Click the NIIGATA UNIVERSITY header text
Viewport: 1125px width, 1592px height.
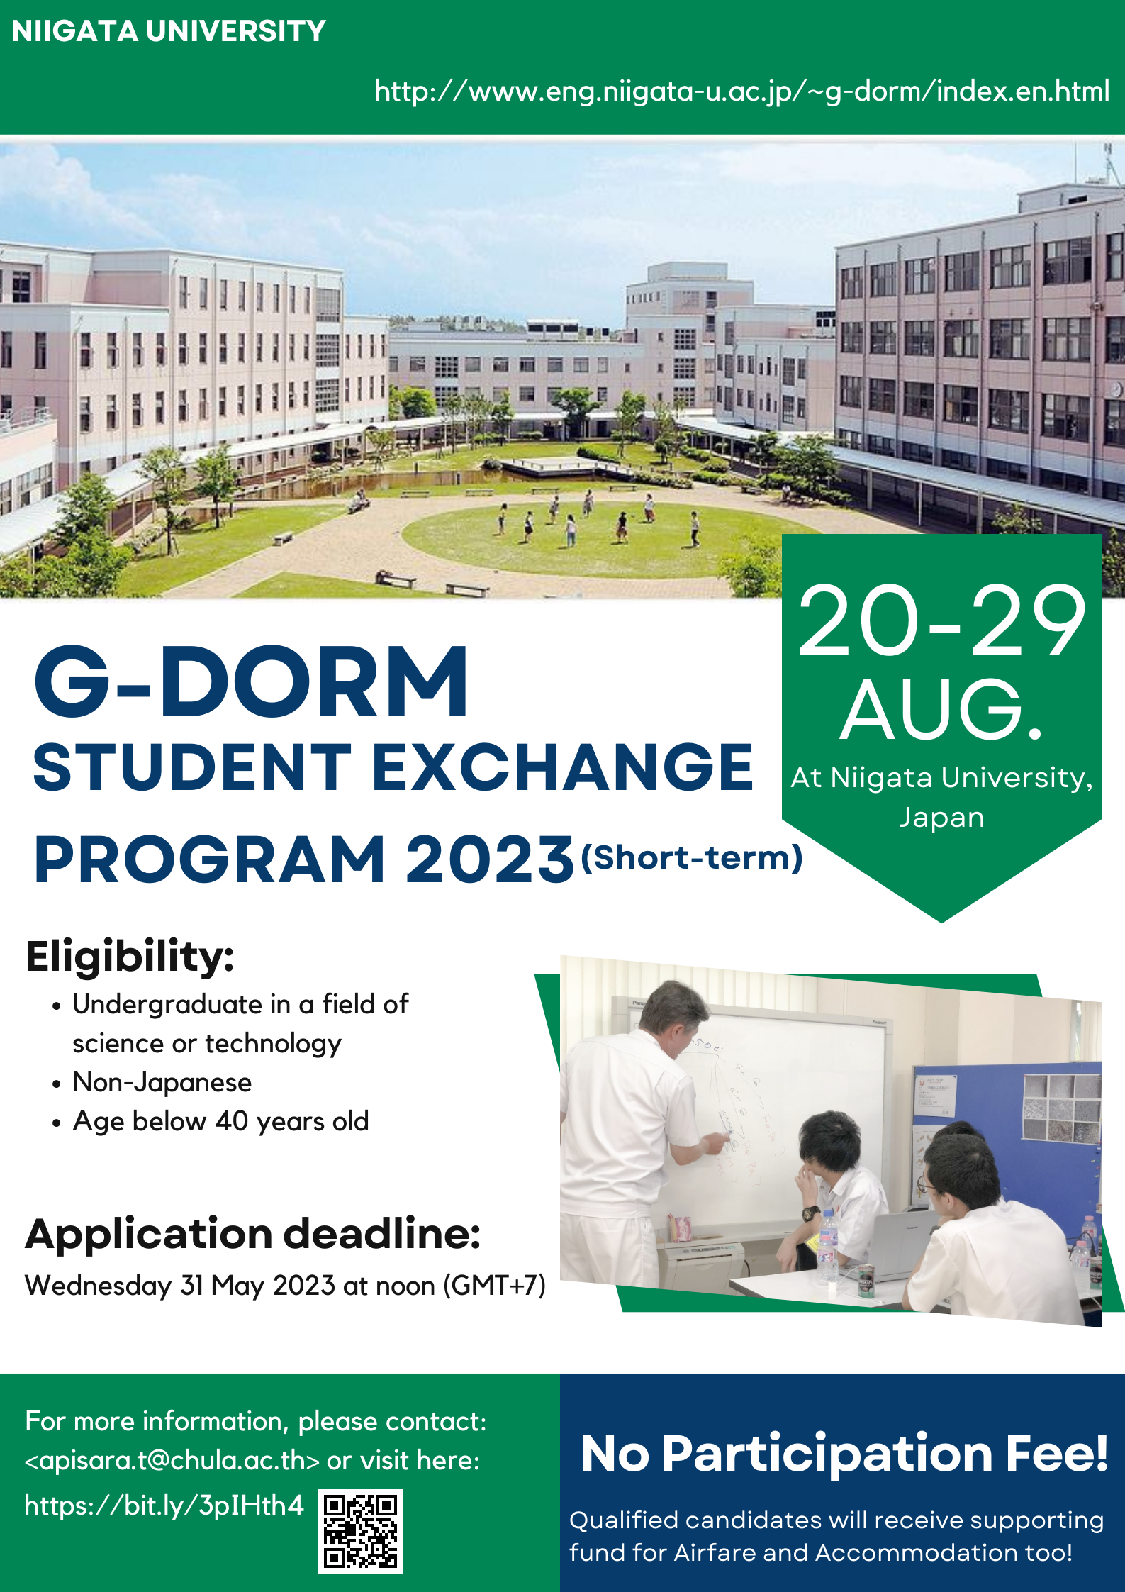(169, 31)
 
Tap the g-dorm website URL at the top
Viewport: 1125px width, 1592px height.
(742, 91)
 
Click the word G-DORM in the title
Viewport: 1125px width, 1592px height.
(251, 681)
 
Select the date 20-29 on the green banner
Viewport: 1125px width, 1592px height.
(941, 622)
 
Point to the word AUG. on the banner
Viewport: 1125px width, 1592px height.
(941, 709)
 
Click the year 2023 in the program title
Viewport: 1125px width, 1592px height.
(489, 859)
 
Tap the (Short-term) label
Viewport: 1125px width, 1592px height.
(692, 857)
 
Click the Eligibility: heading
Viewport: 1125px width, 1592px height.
(130, 956)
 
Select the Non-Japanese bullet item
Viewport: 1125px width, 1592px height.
(162, 1082)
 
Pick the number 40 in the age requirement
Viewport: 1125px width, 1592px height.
(233, 1121)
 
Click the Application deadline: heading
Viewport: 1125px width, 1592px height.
(253, 1234)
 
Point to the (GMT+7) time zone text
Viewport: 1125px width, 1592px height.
(495, 1286)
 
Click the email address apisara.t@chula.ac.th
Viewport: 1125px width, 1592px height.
(172, 1460)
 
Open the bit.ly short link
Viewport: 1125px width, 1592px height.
(164, 1505)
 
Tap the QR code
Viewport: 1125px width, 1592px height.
(360, 1531)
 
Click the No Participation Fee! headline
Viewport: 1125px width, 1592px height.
(844, 1453)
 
